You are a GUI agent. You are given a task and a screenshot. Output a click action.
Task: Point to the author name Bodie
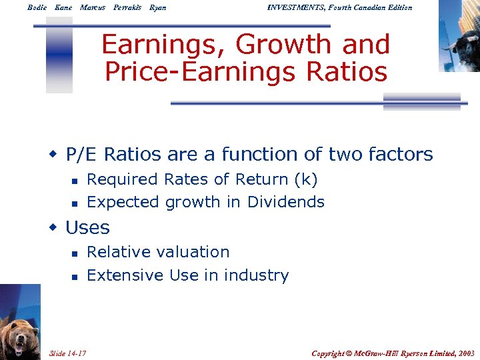pyautogui.click(x=37, y=7)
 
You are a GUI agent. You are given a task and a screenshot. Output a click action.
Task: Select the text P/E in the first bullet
pyautogui.click(x=80, y=155)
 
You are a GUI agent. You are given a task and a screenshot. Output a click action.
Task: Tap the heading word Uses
pyautogui.click(x=87, y=228)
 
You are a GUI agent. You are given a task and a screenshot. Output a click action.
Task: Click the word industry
pyautogui.click(x=256, y=275)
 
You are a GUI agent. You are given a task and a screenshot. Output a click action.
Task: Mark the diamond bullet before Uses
pyautogui.click(x=53, y=227)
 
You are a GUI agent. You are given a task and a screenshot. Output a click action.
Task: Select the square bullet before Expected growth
pyautogui.click(x=75, y=203)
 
